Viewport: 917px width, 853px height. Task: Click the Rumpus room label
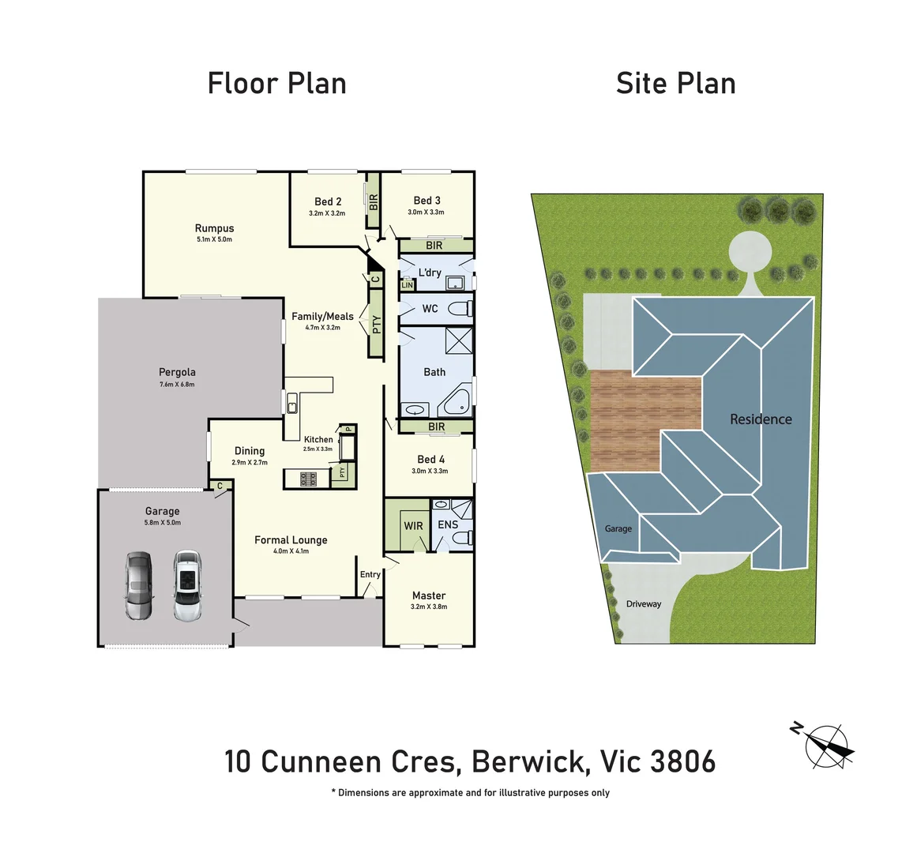(214, 228)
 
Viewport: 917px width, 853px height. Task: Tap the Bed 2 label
(328, 201)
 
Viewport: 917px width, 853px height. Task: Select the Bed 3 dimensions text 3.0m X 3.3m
(426, 212)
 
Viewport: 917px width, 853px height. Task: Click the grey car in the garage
(138, 585)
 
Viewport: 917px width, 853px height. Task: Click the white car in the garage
(187, 585)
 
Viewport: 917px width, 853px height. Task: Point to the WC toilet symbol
(458, 308)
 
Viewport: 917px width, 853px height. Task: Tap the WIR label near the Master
(413, 526)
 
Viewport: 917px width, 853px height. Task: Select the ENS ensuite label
(447, 524)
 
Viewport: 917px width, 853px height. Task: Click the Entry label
(370, 574)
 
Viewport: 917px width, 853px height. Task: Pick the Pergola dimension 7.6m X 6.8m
(177, 385)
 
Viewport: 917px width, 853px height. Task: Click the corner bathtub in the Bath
(456, 402)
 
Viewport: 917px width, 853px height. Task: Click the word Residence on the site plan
(760, 419)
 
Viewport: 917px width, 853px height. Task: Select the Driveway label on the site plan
(643, 604)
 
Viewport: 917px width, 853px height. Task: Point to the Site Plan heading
(675, 84)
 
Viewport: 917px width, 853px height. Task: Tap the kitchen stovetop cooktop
(307, 478)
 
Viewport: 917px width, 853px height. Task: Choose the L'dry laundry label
(430, 272)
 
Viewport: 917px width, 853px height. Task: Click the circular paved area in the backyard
(750, 252)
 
